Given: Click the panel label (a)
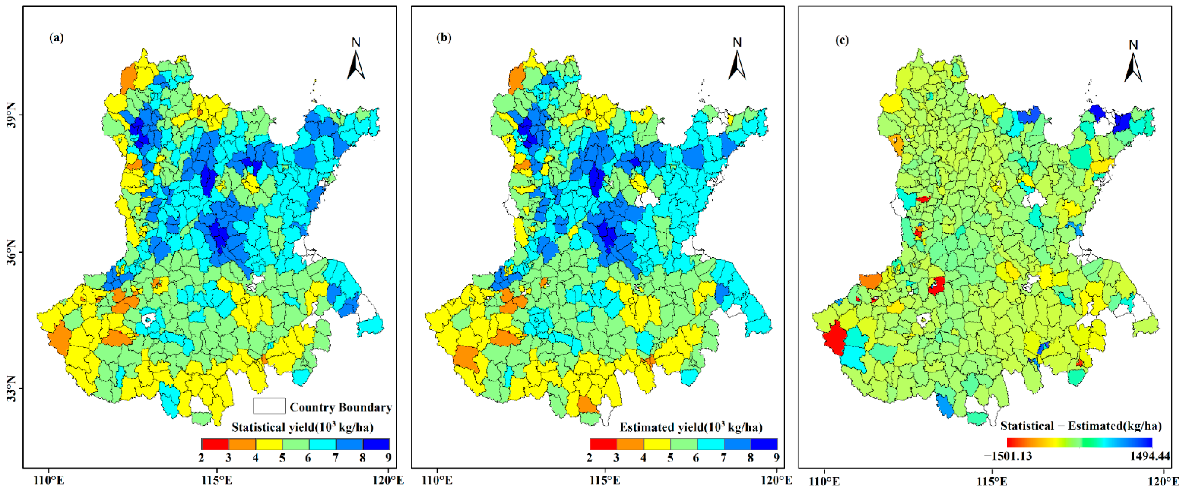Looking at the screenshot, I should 57,38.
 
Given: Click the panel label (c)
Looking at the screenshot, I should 842,40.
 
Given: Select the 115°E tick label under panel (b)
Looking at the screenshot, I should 605,481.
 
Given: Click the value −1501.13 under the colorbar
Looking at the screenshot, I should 1008,456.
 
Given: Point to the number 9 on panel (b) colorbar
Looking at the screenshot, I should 776,458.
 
